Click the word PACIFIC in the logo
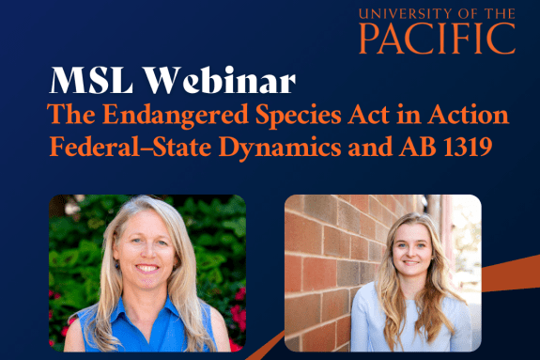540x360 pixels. [437, 39]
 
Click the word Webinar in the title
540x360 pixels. [218, 81]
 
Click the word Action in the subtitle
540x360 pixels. [465, 116]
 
